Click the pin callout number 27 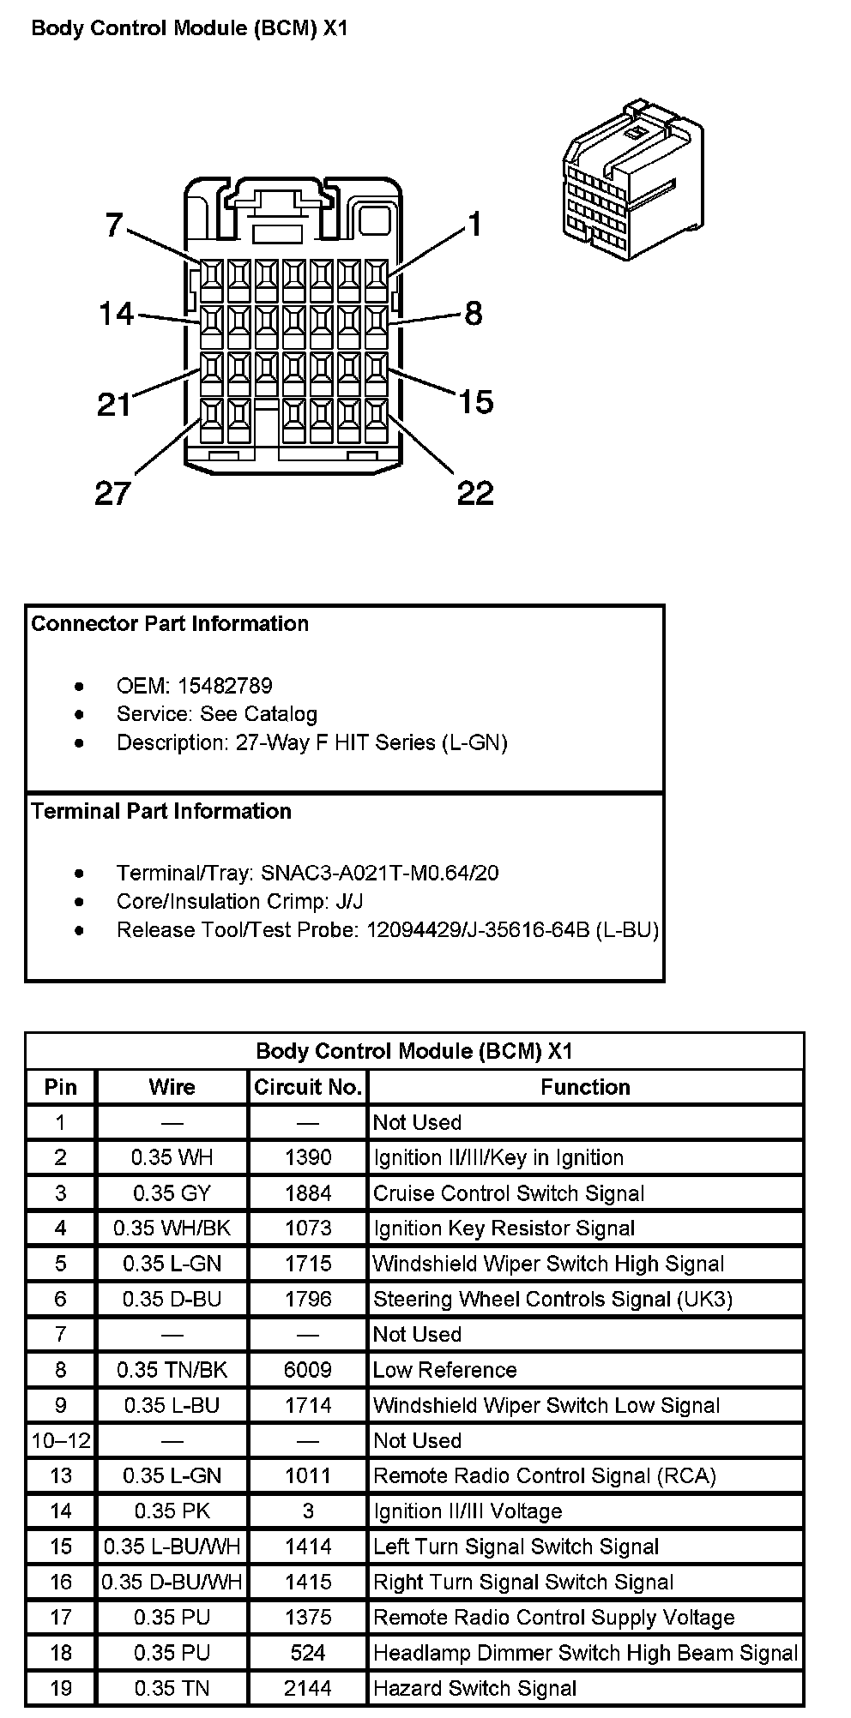tap(112, 493)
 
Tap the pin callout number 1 tap(474, 225)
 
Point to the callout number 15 tap(475, 401)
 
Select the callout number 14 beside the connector tap(116, 314)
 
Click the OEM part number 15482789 tap(225, 686)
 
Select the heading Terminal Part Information tap(161, 811)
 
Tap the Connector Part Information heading tap(170, 623)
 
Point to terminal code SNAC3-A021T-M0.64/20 tap(380, 873)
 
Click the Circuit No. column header tap(308, 1087)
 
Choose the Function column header tap(585, 1087)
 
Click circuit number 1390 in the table tap(308, 1157)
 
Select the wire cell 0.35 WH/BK tap(172, 1228)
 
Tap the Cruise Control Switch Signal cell tap(509, 1193)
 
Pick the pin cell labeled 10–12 tap(60, 1440)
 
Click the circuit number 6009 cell tap(308, 1369)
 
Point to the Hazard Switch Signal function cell tap(474, 1688)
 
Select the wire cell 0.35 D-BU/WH tap(172, 1582)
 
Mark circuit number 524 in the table tap(308, 1652)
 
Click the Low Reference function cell tap(444, 1369)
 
